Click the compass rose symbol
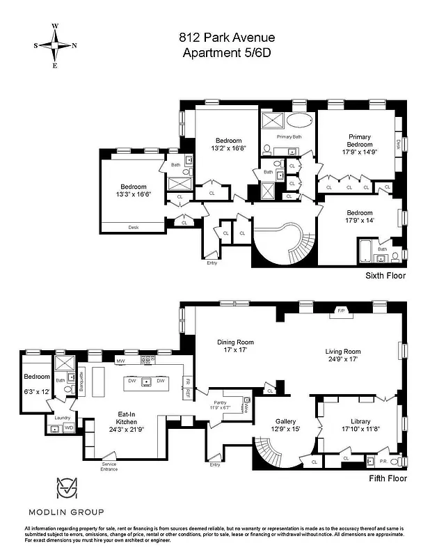point(55,45)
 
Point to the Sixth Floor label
point(385,276)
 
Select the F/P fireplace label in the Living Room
point(341,311)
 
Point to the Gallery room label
point(285,421)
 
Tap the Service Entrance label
point(109,466)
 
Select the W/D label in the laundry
point(69,427)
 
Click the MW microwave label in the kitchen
point(120,361)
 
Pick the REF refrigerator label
point(188,392)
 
